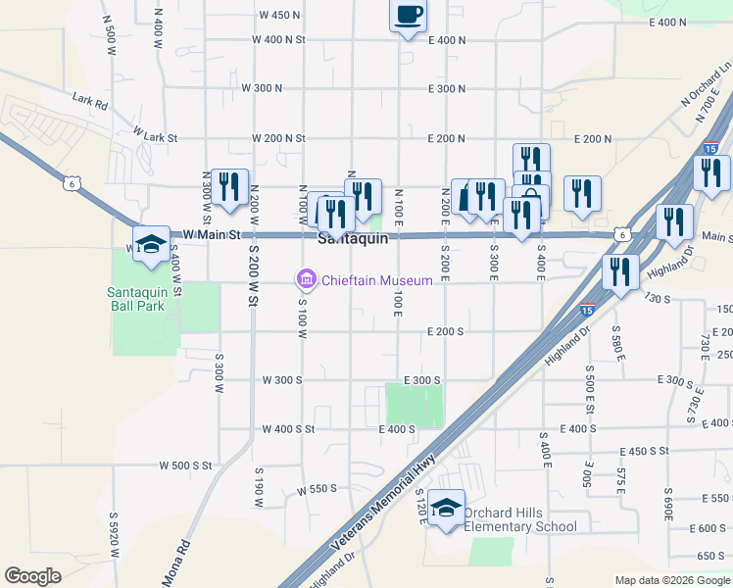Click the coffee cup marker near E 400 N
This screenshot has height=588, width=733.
[x=409, y=15]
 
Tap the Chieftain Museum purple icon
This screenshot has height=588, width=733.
[x=307, y=280]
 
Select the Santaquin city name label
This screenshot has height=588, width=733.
[x=354, y=238]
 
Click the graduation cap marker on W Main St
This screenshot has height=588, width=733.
[x=152, y=245]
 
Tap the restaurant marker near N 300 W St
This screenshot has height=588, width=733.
[x=230, y=186]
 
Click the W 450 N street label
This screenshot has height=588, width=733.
[x=280, y=16]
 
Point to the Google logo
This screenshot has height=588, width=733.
[x=32, y=576]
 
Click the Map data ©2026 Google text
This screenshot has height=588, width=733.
[x=672, y=580]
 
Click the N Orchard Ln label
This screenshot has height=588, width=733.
[x=700, y=86]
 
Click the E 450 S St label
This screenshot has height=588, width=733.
[x=644, y=451]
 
